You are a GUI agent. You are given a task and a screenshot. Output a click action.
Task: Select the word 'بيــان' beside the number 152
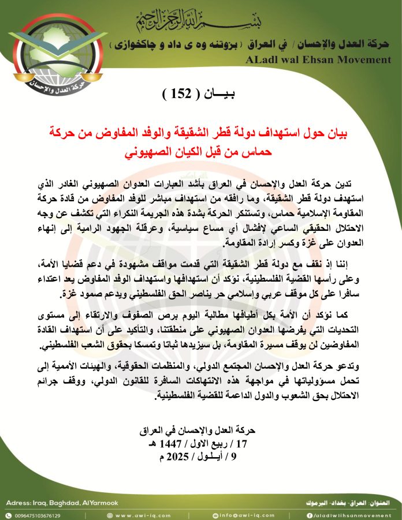(x=215, y=94)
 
